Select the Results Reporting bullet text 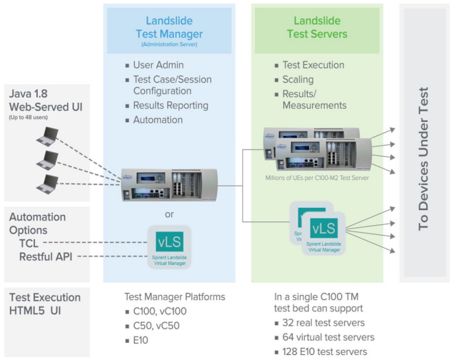(171, 106)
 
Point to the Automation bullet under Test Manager (158, 120)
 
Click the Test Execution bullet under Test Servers (313, 65)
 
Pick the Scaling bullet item (298, 79)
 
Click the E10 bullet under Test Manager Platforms (140, 340)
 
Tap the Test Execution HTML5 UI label (44, 304)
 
